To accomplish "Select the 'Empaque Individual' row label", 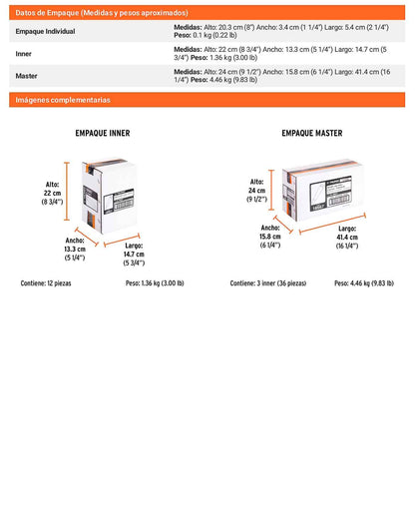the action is tap(46, 31).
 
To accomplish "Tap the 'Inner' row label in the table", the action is tap(23, 54).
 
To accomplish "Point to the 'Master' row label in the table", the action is tap(27, 76).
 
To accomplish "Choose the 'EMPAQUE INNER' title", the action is tap(103, 133).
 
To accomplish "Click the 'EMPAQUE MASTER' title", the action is tap(312, 133).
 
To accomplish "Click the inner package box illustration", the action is tap(109, 196).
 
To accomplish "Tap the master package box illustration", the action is tap(323, 190).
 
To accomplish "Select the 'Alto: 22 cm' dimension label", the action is tap(52, 193).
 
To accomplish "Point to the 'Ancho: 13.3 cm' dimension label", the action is tap(75, 250).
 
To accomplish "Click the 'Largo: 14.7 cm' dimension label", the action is tap(134, 255).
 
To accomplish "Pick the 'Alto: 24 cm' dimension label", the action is tap(256, 191).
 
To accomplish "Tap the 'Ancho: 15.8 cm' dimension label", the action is tap(270, 237).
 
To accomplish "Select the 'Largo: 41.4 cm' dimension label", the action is tap(347, 238).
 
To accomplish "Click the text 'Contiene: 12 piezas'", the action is tap(46, 283).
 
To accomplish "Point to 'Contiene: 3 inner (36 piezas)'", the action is tap(268, 283).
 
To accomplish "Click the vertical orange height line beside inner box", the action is tap(67, 192).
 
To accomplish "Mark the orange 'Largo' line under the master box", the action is tap(332, 224).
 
